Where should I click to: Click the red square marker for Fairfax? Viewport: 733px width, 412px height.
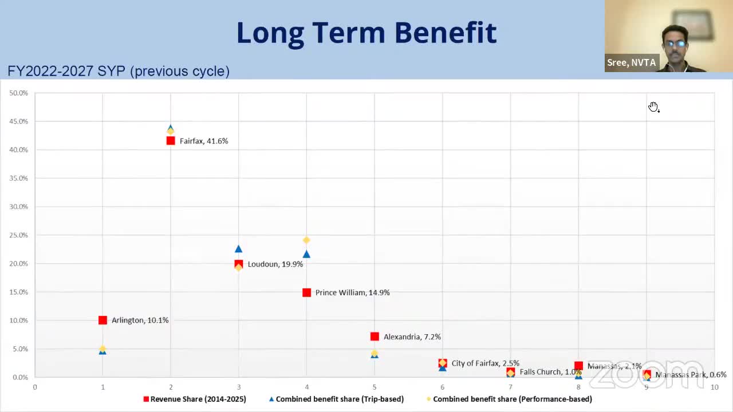[x=171, y=141]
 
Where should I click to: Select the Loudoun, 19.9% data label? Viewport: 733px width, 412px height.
[x=275, y=264]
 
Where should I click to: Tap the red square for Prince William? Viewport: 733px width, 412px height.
[x=306, y=292]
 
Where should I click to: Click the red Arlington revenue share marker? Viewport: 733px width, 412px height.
[x=103, y=320]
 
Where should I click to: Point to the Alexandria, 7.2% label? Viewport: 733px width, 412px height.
[x=412, y=337]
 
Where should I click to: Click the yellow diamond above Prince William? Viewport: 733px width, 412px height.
[x=306, y=240]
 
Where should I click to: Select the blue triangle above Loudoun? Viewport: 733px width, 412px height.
[x=238, y=249]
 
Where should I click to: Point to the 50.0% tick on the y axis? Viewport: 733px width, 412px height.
[x=18, y=93]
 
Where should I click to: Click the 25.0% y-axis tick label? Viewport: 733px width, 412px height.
[x=18, y=235]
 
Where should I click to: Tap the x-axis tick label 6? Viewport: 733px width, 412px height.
[x=442, y=387]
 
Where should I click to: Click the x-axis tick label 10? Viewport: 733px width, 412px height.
[x=714, y=387]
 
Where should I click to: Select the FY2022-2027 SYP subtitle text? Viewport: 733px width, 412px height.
[x=119, y=72]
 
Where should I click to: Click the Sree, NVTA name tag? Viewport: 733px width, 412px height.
[x=631, y=62]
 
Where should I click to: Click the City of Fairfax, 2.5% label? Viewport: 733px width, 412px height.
[x=485, y=363]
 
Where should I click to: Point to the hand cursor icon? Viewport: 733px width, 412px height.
[x=653, y=107]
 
